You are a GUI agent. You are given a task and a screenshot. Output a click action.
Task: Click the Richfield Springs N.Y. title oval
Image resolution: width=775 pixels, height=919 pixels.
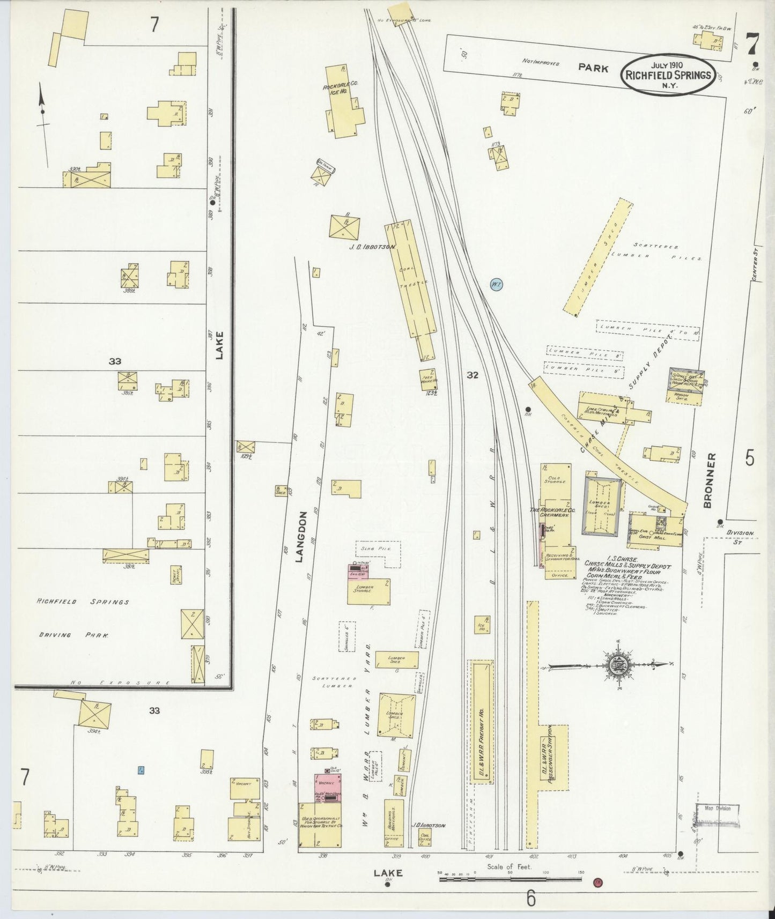[668, 75]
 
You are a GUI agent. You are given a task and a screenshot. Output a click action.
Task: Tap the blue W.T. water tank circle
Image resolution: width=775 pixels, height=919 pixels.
[496, 285]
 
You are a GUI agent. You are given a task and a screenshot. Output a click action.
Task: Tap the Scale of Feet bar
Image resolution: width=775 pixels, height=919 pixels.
[512, 879]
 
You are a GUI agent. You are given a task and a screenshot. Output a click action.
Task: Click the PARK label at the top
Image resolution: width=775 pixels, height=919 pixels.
[593, 69]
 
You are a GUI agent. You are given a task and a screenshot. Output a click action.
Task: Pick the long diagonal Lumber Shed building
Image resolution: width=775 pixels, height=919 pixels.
[597, 257]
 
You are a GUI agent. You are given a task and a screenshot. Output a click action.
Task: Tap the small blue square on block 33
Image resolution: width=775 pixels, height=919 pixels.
[141, 770]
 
